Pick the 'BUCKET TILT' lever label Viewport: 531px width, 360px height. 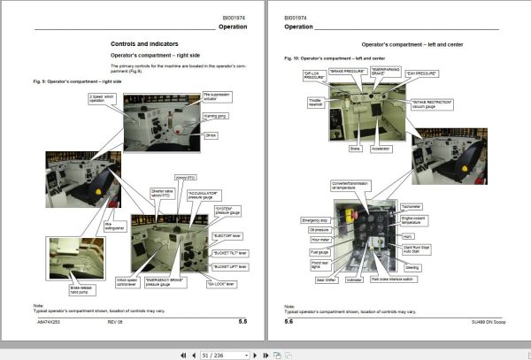(x=230, y=252)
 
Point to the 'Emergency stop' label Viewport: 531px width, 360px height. (x=314, y=220)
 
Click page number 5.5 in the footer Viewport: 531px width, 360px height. (x=242, y=322)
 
